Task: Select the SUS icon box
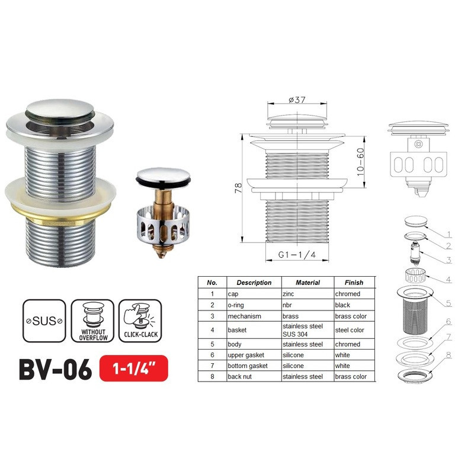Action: pyautogui.click(x=43, y=321)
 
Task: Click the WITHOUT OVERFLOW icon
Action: pyautogui.click(x=92, y=321)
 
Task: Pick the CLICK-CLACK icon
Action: pyautogui.click(x=139, y=321)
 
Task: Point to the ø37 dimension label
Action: pyautogui.click(x=296, y=100)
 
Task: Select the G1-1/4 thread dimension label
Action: pyautogui.click(x=296, y=256)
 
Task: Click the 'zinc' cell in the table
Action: pyautogui.click(x=289, y=294)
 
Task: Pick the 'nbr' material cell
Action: pyautogui.click(x=287, y=305)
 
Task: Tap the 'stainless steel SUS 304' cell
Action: pyautogui.click(x=303, y=330)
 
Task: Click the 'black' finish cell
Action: pyautogui.click(x=344, y=305)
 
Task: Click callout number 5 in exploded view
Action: pyautogui.click(x=449, y=303)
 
